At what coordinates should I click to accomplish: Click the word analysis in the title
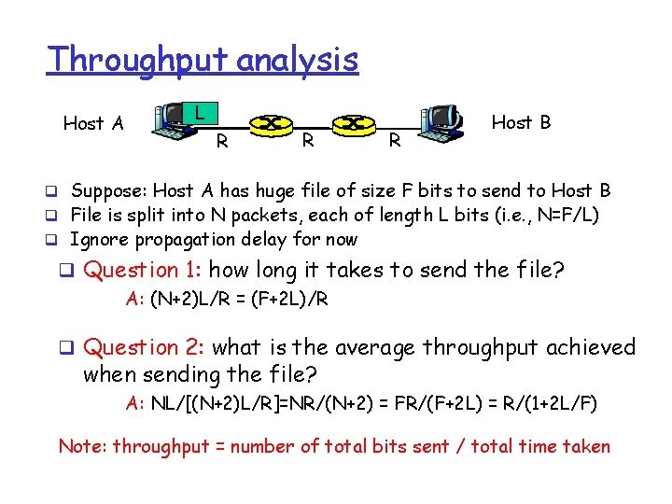point(298,61)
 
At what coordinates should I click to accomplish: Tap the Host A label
point(92,123)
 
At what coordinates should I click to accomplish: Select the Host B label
point(521,122)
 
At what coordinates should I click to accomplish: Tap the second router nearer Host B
point(353,123)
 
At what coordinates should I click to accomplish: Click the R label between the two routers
point(306,142)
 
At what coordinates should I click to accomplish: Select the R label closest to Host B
point(395,142)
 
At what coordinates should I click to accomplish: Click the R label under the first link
point(221,142)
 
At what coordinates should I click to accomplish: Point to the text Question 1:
point(144,271)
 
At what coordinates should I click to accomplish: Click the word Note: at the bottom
point(82,446)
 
